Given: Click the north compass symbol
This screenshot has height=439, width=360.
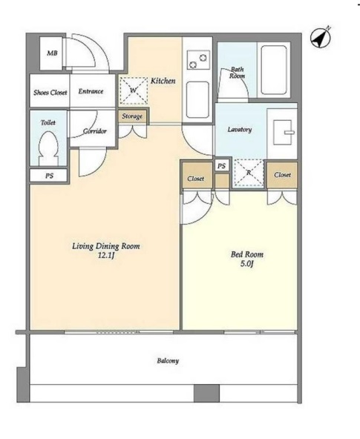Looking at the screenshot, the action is [x=321, y=38].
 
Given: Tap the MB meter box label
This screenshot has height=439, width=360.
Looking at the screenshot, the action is [x=52, y=53].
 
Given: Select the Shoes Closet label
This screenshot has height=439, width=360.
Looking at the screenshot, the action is [x=50, y=93].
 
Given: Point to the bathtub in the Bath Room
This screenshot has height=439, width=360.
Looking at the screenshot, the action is [x=274, y=70].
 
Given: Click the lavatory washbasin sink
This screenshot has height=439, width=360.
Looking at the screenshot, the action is [x=283, y=132].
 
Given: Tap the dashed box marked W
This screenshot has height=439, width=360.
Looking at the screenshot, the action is [x=134, y=90].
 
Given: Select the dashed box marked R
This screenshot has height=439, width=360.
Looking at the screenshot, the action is [x=249, y=173].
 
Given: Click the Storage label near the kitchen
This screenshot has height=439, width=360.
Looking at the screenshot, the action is [x=132, y=116].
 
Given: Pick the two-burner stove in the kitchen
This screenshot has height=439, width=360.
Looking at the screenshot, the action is [x=198, y=61].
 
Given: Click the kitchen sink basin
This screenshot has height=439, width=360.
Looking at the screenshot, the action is [x=197, y=99].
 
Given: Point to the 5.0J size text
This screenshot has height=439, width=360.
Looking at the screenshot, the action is [x=246, y=264].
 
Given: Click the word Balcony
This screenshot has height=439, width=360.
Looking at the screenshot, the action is [x=168, y=360].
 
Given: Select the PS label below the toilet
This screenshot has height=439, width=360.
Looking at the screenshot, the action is [x=49, y=176].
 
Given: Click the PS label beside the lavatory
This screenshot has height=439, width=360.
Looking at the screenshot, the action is [x=221, y=166].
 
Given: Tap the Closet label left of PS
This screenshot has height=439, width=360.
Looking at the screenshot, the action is [x=195, y=178].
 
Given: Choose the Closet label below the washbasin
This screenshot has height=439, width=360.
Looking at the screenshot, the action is [x=282, y=175].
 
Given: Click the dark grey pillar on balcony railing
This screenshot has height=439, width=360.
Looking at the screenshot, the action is [x=207, y=393].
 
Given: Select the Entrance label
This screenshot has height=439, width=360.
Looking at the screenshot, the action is [x=91, y=91].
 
